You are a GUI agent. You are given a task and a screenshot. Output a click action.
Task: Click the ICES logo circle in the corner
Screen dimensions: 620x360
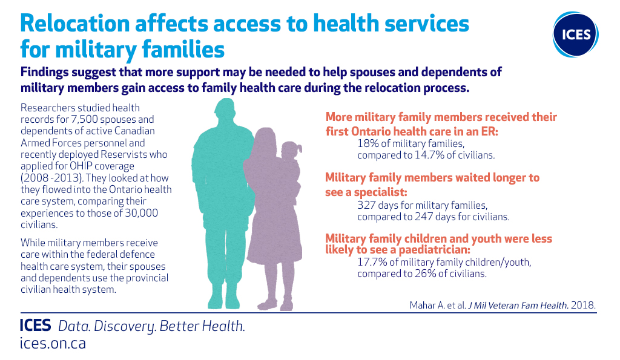click(x=575, y=34)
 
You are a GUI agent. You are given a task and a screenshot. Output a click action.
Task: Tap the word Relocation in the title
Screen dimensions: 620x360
click(x=74, y=24)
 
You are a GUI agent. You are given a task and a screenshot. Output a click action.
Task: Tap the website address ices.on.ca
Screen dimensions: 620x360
click(x=53, y=343)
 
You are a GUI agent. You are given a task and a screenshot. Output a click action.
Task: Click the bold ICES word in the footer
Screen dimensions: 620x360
click(x=36, y=326)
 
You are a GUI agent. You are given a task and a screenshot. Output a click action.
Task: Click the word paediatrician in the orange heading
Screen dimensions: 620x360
click(x=435, y=250)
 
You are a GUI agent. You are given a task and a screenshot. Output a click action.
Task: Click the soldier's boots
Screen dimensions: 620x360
click(x=223, y=300)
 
